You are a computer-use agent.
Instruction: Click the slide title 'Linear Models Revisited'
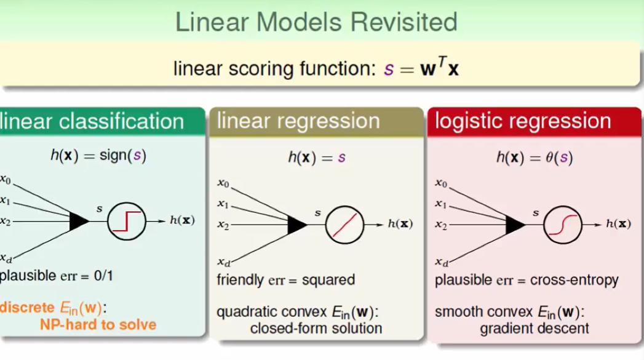point(316,22)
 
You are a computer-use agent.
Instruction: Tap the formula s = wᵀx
point(421,68)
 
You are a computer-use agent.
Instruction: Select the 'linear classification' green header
point(92,121)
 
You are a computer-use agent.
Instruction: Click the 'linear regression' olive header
point(298,121)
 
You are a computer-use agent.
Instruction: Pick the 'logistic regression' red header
point(523,121)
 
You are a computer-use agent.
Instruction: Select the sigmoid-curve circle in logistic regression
point(562,225)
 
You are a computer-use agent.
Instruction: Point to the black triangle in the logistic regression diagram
point(515,225)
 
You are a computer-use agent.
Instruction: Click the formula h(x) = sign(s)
point(98,156)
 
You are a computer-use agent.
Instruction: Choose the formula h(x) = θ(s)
point(534,158)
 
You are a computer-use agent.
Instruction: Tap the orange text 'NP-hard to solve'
point(98,324)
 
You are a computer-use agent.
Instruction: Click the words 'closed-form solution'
point(316,328)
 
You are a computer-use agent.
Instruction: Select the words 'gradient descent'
point(534,328)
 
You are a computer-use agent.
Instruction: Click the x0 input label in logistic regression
point(441,183)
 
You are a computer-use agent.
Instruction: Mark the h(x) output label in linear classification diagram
point(182,220)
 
